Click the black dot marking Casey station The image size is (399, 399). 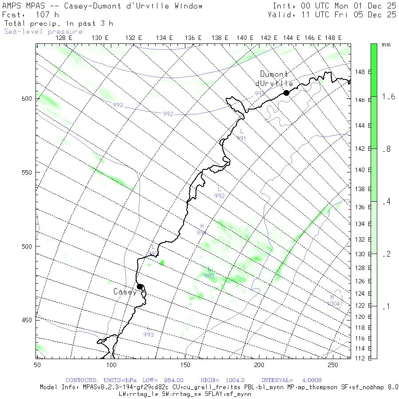(x=140, y=286)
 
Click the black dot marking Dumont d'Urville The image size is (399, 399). (x=286, y=93)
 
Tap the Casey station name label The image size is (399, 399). (x=125, y=292)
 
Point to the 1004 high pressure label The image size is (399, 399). (x=334, y=304)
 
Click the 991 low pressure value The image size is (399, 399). (x=241, y=139)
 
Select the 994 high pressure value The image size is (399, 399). (x=202, y=232)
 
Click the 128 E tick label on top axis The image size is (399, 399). (x=64, y=38)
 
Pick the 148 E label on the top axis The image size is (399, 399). (x=333, y=38)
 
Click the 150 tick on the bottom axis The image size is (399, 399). (x=185, y=364)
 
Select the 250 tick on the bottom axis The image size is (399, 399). (x=332, y=364)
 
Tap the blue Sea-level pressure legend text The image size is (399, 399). (x=43, y=31)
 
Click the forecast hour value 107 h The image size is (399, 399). (x=47, y=15)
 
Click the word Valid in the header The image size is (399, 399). (x=281, y=15)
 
